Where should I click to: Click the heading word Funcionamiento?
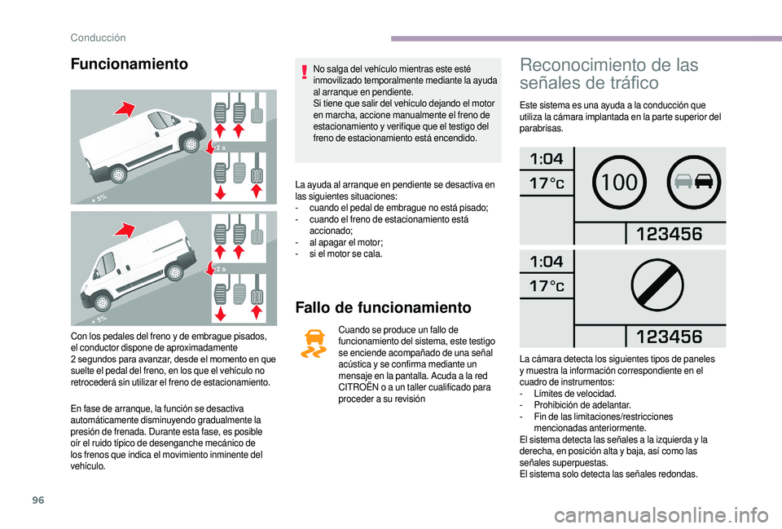129,64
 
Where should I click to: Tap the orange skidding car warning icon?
313,344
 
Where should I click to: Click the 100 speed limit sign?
620,182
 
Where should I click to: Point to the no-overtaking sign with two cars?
693,182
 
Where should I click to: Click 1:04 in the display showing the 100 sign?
547,158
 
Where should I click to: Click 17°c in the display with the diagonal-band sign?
547,286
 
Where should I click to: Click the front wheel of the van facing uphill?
190,144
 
